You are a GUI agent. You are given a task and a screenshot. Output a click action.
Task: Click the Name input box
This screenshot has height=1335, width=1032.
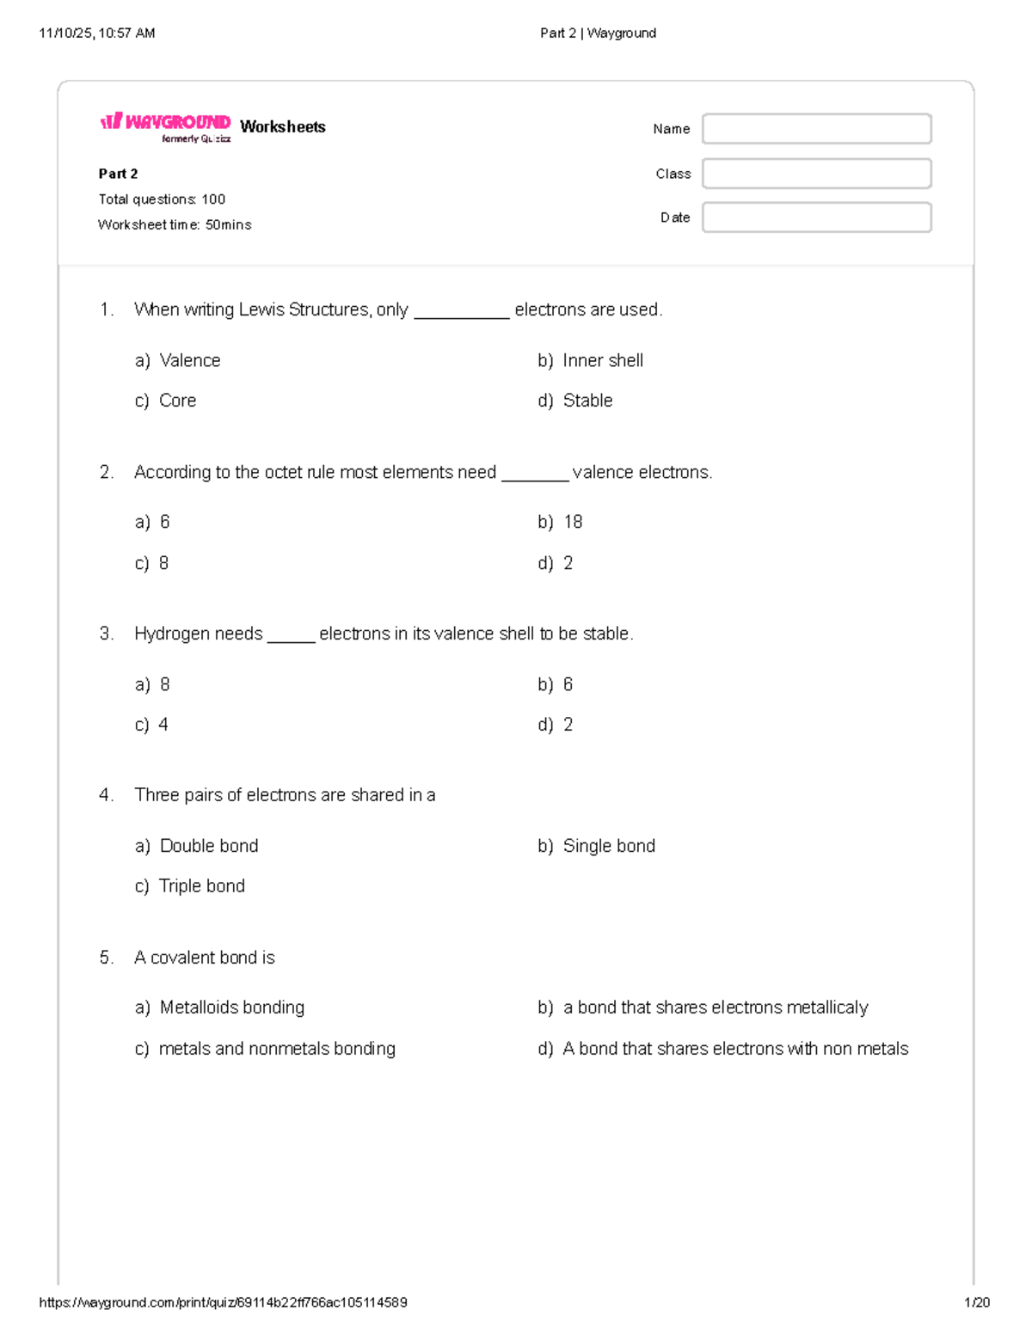(x=816, y=129)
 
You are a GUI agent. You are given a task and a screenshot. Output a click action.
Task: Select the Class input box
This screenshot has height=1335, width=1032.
(x=816, y=174)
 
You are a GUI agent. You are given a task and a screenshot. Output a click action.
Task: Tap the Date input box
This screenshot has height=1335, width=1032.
(x=816, y=217)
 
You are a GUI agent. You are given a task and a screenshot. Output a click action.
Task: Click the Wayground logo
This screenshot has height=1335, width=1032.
(x=166, y=126)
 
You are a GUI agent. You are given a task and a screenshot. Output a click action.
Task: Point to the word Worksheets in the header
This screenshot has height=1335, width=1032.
(x=283, y=127)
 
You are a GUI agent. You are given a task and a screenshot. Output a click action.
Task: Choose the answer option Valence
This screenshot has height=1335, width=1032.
(x=189, y=361)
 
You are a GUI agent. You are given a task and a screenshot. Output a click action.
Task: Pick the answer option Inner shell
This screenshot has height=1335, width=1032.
(x=602, y=361)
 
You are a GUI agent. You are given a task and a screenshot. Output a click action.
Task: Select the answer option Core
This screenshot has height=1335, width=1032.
(x=177, y=401)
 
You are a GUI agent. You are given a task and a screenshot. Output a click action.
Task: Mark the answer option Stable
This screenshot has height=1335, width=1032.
(x=587, y=401)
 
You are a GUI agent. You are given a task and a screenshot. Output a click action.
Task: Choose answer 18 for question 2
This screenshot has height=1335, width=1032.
(x=573, y=522)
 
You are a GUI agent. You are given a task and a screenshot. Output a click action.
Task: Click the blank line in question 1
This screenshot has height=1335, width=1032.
(x=462, y=315)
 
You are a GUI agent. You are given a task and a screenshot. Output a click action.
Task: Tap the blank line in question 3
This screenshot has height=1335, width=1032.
(x=291, y=640)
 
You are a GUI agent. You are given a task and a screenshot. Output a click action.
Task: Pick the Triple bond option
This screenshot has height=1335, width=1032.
(x=201, y=886)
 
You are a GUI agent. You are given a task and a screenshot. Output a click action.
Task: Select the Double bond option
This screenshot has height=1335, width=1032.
(x=208, y=846)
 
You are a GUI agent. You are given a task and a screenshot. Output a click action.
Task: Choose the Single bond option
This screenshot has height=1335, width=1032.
(x=608, y=846)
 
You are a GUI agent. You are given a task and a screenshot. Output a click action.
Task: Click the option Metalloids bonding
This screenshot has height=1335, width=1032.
(x=231, y=1007)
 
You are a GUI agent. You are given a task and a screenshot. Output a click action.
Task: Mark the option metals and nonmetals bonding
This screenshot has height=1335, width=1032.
(x=276, y=1049)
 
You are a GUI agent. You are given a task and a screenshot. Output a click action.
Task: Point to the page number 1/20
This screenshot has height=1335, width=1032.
(x=977, y=1302)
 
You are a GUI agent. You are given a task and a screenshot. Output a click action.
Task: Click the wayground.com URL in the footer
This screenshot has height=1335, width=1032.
(x=223, y=1302)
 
